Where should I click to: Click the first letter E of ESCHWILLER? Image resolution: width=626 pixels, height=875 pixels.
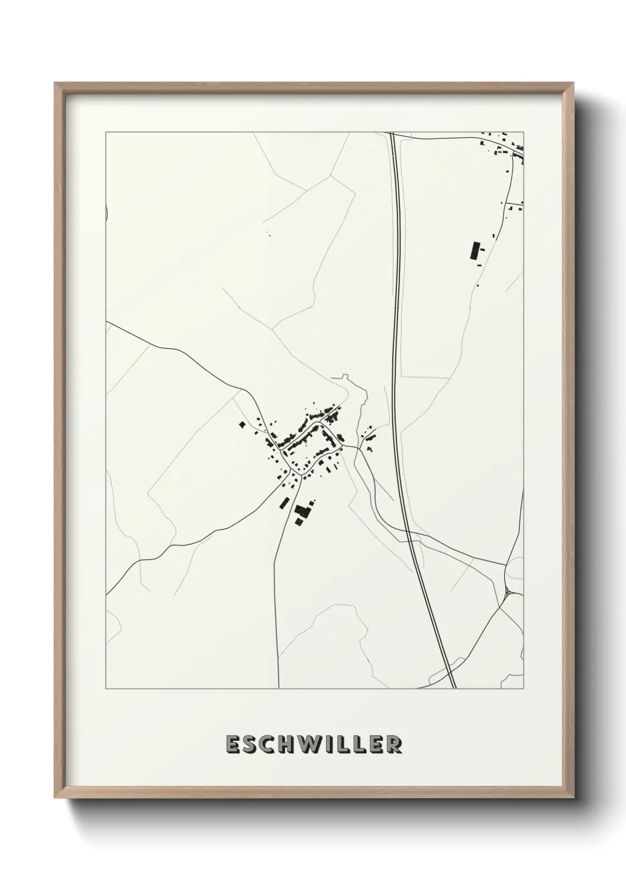click(232, 744)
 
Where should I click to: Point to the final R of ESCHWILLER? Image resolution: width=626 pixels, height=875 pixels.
click(394, 744)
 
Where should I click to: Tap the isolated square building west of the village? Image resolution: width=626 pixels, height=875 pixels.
click(241, 424)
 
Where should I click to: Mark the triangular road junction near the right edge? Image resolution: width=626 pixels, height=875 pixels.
click(509, 591)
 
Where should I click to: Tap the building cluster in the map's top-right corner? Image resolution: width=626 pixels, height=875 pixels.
click(503, 143)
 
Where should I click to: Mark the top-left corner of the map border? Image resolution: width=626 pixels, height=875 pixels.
click(106, 133)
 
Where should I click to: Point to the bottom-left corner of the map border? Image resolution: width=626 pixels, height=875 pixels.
click(106, 688)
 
